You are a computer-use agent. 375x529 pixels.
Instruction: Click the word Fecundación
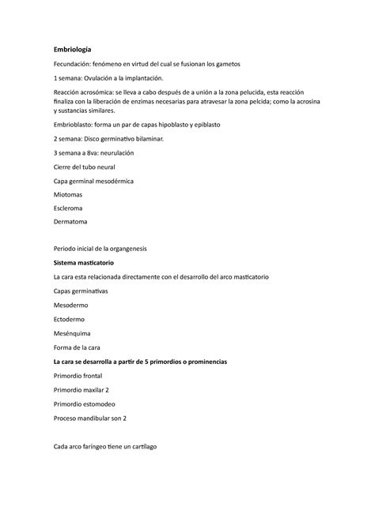[74, 63]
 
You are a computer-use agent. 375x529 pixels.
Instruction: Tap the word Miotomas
[67, 196]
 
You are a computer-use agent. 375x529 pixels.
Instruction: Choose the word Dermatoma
[71, 224]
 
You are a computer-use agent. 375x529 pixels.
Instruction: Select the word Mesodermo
[72, 306]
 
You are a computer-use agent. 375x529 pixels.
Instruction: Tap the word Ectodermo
[71, 321]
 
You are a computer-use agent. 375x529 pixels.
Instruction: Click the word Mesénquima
[74, 335]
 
